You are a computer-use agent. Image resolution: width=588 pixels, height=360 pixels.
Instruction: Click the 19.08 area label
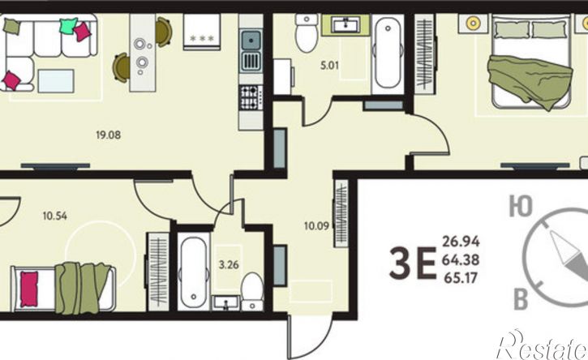point(109,135)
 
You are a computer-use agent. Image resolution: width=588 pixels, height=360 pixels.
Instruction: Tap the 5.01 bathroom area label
point(329,66)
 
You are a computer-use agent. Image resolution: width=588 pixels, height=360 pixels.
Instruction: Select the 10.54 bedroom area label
point(55,216)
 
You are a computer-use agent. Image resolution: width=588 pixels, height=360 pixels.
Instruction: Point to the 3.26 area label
point(229,265)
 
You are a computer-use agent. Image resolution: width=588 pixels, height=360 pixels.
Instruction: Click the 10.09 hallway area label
point(316,226)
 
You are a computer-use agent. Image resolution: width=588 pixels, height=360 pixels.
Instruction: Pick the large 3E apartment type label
point(413,263)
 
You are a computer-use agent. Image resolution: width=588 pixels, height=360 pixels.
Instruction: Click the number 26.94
point(461,242)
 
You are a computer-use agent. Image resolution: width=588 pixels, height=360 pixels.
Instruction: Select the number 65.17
point(461,278)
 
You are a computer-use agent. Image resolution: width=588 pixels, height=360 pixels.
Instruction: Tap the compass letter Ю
point(521,207)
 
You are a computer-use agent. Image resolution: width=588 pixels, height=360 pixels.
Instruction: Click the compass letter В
point(521,299)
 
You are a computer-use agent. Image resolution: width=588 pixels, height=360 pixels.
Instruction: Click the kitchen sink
point(251,51)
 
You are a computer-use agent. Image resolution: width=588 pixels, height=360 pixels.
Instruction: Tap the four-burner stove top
point(251,97)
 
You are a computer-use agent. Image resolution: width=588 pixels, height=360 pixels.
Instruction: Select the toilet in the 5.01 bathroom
point(307,33)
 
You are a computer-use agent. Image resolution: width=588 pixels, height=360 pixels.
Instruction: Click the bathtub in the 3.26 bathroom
point(193,271)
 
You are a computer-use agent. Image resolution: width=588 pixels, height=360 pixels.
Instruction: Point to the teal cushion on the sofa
point(69,25)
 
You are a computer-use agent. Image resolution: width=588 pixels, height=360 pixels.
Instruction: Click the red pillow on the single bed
point(29,289)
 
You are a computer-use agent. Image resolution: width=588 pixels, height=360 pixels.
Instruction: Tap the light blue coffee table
point(56,80)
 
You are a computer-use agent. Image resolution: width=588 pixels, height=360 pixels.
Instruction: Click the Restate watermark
point(542,345)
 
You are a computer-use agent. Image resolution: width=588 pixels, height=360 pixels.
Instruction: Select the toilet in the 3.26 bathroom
point(252,291)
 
